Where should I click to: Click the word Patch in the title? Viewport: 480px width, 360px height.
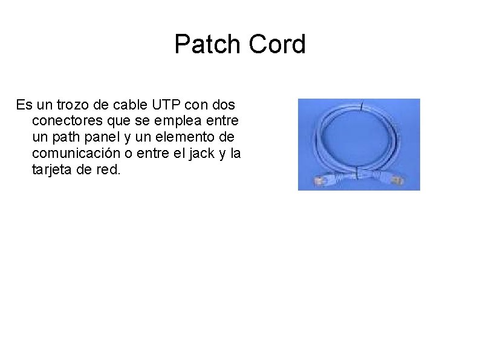pos(204,44)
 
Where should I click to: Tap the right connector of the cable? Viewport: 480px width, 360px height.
pos(398,180)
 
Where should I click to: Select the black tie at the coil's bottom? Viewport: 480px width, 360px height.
pos(357,174)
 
